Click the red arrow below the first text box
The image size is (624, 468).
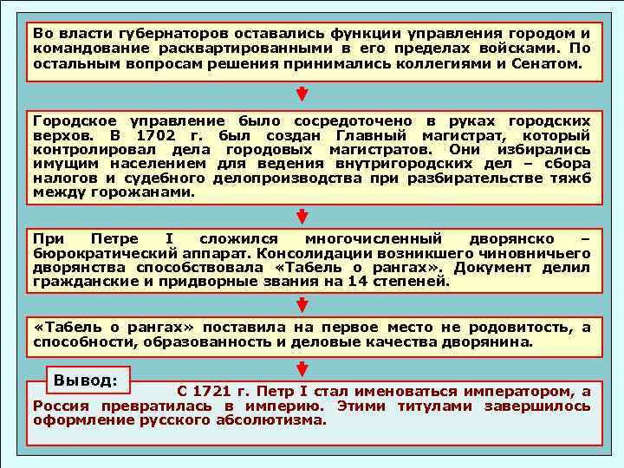point(302,93)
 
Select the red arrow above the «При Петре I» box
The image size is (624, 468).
point(302,216)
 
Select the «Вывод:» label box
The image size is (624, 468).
point(86,380)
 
